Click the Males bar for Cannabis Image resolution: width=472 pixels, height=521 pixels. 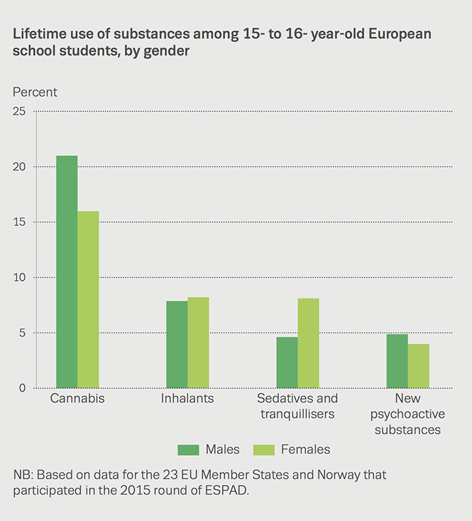coord(66,271)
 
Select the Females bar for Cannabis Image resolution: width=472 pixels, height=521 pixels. coord(88,299)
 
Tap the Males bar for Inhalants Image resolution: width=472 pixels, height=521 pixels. coord(177,345)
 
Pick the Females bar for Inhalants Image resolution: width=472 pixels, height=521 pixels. coord(198,343)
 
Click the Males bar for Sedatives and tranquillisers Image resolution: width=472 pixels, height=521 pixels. coord(287,362)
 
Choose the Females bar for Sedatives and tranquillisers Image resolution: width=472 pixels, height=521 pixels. coord(308,343)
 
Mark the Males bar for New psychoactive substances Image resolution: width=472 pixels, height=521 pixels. coord(397,361)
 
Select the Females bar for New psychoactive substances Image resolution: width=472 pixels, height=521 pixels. coord(418,366)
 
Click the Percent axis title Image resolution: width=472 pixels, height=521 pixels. coord(35,92)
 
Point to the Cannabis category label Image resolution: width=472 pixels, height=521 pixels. coord(77,399)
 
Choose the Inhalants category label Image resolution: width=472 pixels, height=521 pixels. coord(187,399)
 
